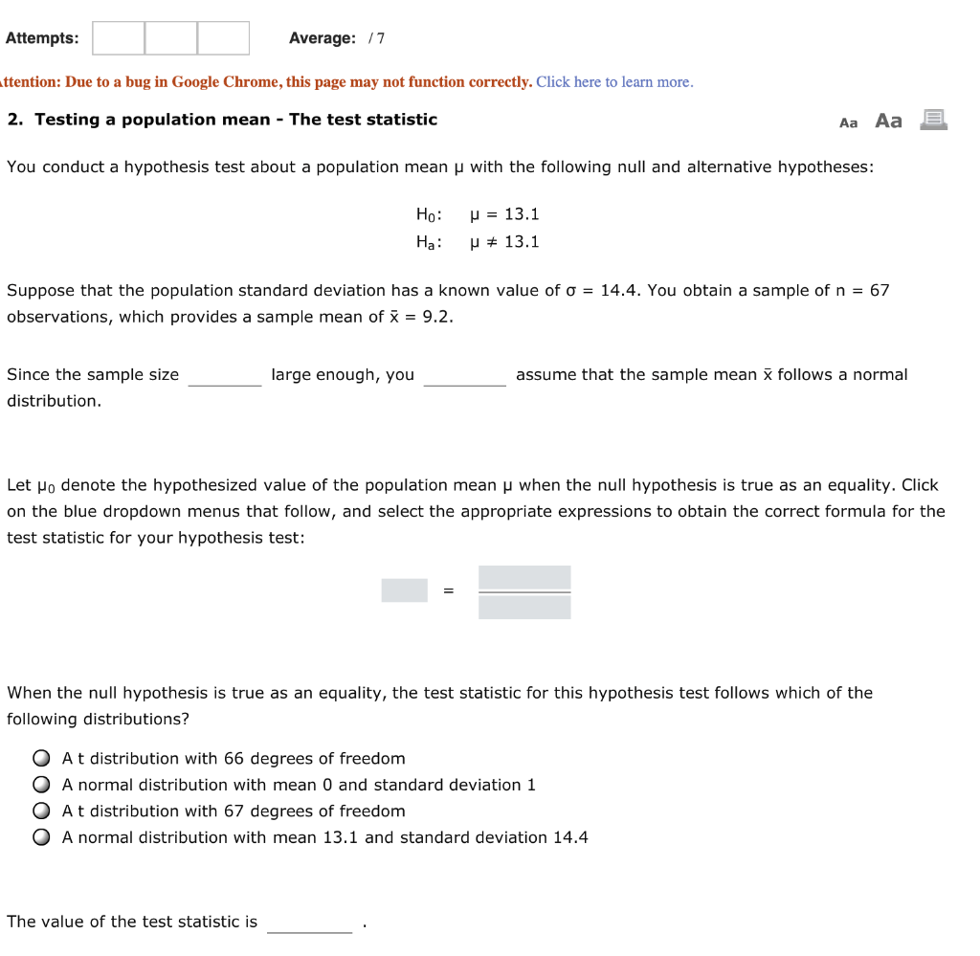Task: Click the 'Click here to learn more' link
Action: pos(614,82)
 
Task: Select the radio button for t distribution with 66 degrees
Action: pos(41,759)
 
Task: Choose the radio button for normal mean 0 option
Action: pos(41,785)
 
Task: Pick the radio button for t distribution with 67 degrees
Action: pos(41,811)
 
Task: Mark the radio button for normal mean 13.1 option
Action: pos(41,837)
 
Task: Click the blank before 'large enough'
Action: pos(225,376)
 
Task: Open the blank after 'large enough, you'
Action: pos(464,376)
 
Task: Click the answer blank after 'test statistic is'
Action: pos(310,923)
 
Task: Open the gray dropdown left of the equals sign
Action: pos(404,590)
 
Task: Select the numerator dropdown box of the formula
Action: pos(524,578)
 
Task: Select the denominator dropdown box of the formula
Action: pos(524,607)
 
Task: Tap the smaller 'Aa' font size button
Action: pos(848,122)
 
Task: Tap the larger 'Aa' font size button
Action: pos(888,121)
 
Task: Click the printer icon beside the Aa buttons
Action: pos(933,120)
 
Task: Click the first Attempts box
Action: pos(119,38)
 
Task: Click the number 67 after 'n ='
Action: pos(879,290)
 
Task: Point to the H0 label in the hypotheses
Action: pos(428,215)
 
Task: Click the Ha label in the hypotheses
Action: pos(428,243)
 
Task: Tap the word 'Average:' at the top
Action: pos(323,38)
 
